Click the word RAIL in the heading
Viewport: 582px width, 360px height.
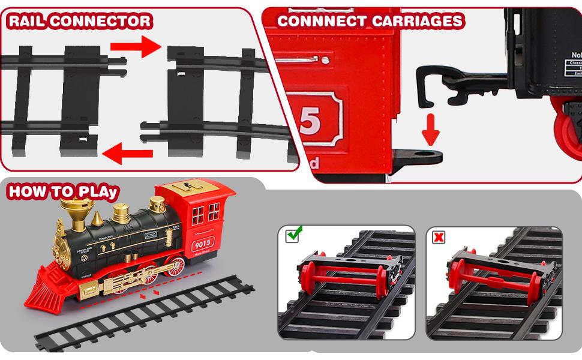click(x=26, y=22)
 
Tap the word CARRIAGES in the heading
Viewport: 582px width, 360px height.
click(x=415, y=21)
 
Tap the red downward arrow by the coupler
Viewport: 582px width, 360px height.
click(x=430, y=129)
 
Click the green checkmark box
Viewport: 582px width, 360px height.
click(x=294, y=235)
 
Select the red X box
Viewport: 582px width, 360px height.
click(x=439, y=237)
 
